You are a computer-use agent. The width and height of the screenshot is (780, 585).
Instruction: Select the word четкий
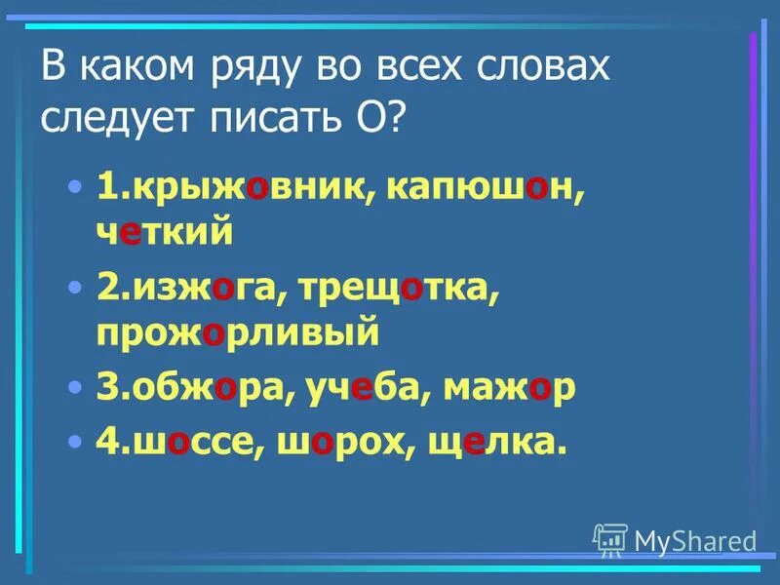coord(165,233)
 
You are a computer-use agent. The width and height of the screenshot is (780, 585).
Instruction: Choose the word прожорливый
coord(237,333)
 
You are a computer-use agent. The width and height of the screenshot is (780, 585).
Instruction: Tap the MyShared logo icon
coord(610,539)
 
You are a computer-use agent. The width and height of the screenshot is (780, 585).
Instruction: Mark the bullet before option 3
coord(76,388)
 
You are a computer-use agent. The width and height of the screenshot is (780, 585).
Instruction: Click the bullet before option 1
coord(76,189)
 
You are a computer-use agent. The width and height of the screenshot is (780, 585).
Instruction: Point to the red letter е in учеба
coord(362,388)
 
